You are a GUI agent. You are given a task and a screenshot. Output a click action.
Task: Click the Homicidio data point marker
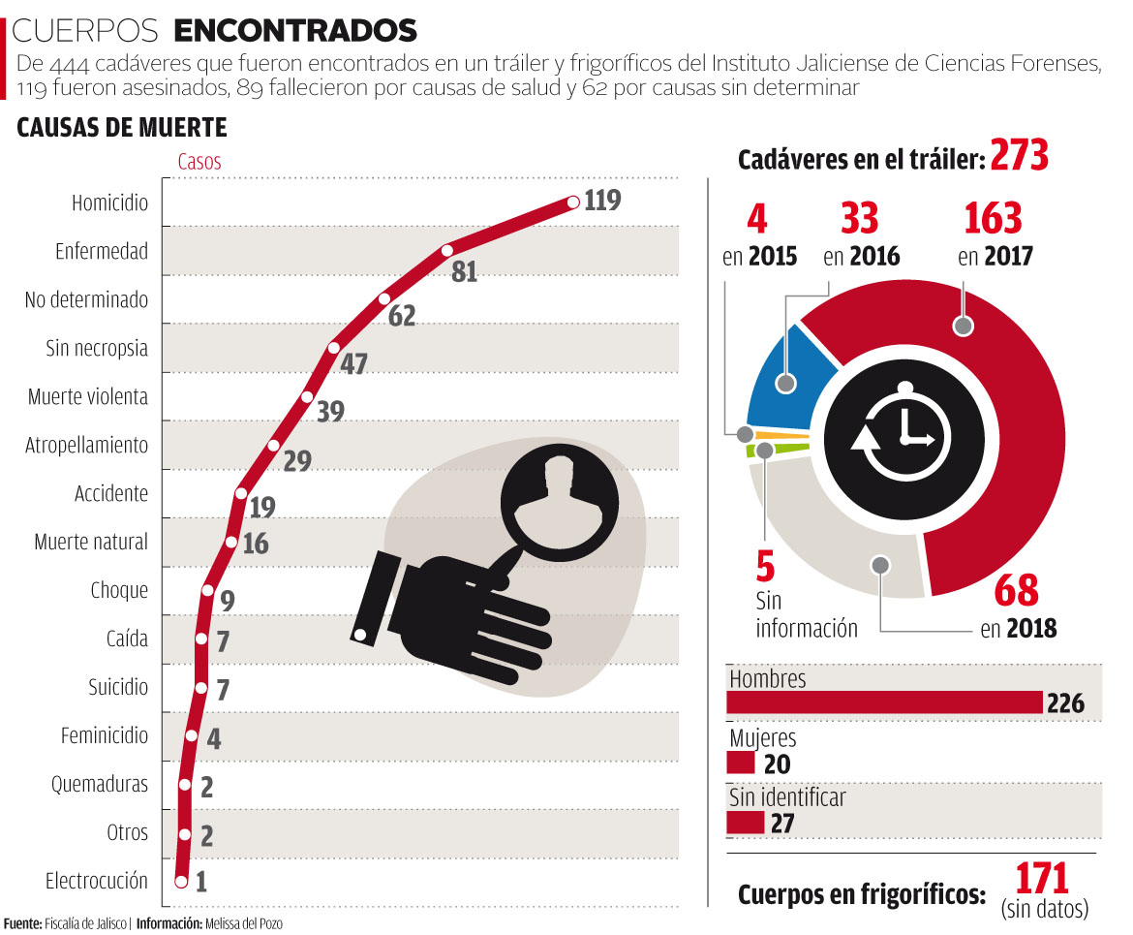pyautogui.click(x=572, y=203)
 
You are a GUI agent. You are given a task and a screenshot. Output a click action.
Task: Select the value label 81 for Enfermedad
pyautogui.click(x=465, y=271)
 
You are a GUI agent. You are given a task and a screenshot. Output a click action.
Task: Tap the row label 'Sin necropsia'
pyautogui.click(x=97, y=348)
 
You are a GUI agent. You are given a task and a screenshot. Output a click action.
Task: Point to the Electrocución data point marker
pyautogui.click(x=181, y=881)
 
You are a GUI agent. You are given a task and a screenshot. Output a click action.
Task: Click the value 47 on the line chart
pyautogui.click(x=354, y=364)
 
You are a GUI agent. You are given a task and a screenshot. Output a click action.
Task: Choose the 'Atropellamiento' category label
pyautogui.click(x=87, y=445)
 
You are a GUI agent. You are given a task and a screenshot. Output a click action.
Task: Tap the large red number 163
pyautogui.click(x=993, y=219)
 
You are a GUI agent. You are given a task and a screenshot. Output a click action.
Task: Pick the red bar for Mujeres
pyautogui.click(x=741, y=764)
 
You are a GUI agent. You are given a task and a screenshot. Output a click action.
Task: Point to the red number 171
pyautogui.click(x=1041, y=878)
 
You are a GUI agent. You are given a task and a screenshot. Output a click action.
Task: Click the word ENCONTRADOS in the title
pyautogui.click(x=295, y=31)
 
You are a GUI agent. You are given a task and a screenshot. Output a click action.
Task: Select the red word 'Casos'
pyautogui.click(x=199, y=162)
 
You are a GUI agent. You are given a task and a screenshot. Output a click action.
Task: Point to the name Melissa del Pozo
pyautogui.click(x=243, y=923)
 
